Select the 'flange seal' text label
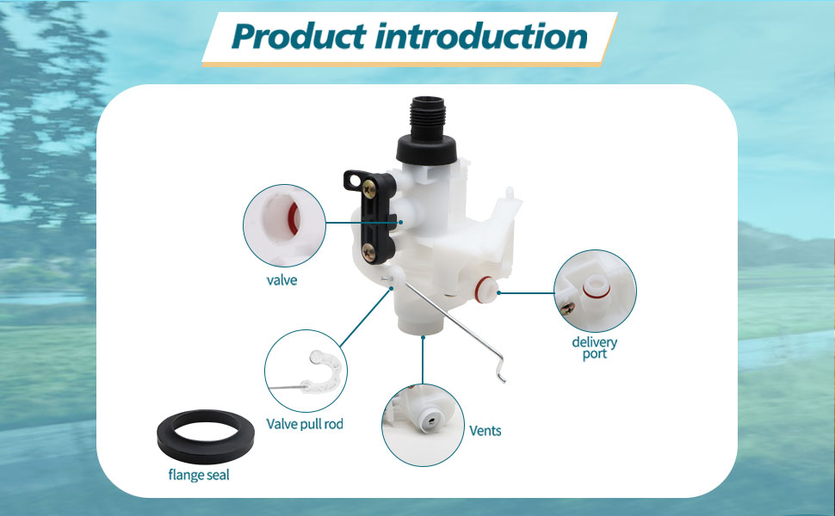coord(200,475)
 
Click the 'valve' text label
coord(281,280)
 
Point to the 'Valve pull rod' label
coord(305,424)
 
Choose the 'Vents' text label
coord(485,430)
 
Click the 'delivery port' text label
coord(595,347)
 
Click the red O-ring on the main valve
coord(486,285)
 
